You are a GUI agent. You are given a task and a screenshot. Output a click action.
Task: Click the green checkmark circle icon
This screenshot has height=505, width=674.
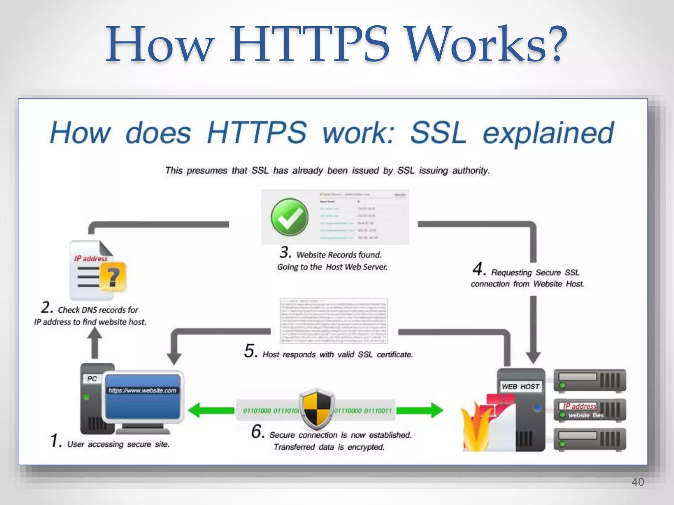pyautogui.click(x=290, y=217)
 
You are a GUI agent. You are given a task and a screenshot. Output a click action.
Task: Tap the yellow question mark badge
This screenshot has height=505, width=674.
pyautogui.click(x=113, y=277)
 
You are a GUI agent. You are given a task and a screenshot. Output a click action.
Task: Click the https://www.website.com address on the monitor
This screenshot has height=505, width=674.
pyautogui.click(x=142, y=391)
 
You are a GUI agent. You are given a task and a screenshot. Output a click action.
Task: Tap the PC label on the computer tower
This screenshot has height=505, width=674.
pyautogui.click(x=92, y=379)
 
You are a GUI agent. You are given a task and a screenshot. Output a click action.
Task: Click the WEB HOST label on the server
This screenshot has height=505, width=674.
pyautogui.click(x=520, y=387)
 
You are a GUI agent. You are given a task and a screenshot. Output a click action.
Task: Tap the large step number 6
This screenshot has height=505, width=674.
pyautogui.click(x=257, y=431)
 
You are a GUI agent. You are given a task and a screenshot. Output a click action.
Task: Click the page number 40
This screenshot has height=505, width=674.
pyautogui.click(x=637, y=482)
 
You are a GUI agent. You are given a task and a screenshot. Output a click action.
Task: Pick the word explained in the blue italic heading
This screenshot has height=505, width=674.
pyautogui.click(x=548, y=133)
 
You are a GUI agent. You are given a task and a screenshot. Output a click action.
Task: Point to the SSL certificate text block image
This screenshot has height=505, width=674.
pyautogui.click(x=334, y=321)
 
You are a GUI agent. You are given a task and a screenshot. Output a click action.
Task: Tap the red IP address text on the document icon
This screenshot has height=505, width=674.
pyautogui.click(x=91, y=259)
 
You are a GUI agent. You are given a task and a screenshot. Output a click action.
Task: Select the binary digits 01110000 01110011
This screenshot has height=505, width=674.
pyautogui.click(x=363, y=411)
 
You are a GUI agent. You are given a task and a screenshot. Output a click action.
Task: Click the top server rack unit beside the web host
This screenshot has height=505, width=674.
pyautogui.click(x=590, y=381)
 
